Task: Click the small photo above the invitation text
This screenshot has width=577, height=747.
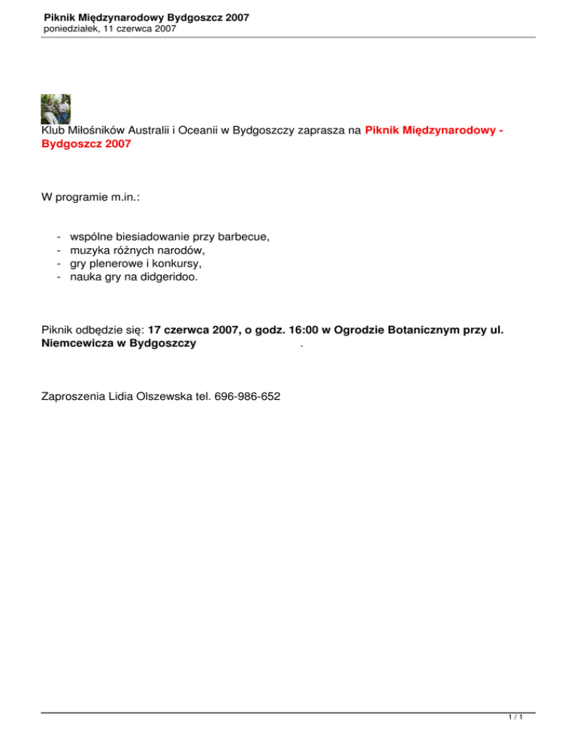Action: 55,108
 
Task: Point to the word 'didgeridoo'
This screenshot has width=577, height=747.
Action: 171,277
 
